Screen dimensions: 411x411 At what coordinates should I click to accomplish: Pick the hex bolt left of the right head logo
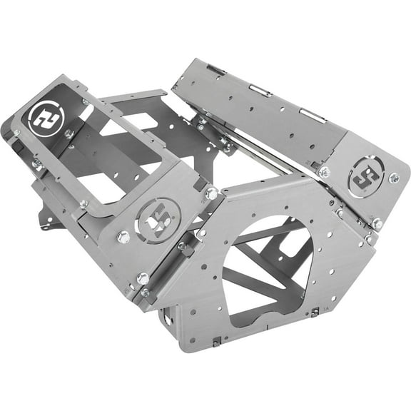click(x=325, y=171)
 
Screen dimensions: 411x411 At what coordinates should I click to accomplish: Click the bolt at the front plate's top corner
click(x=211, y=193)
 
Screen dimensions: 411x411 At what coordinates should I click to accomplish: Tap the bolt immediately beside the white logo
click(x=68, y=134)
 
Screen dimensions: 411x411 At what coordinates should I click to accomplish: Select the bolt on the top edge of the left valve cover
click(x=86, y=102)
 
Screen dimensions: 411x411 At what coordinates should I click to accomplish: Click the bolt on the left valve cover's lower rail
click(x=84, y=204)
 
